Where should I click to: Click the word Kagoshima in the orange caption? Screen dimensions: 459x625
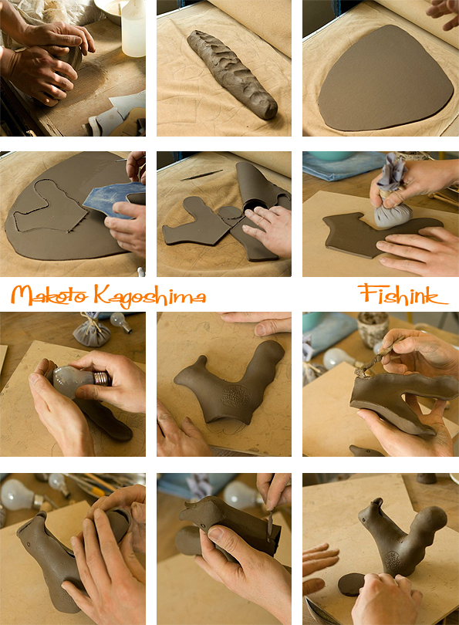pyautogui.click(x=150, y=296)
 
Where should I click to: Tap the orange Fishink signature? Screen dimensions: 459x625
pyautogui.click(x=403, y=294)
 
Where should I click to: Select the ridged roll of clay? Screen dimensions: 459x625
pyautogui.click(x=232, y=74)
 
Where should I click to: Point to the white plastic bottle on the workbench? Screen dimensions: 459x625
pyautogui.click(x=133, y=29)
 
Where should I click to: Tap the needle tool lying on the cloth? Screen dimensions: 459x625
pyautogui.click(x=201, y=175)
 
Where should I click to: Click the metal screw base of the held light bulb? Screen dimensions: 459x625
pyautogui.click(x=102, y=378)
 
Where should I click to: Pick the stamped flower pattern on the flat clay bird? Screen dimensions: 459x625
pyautogui.click(x=236, y=396)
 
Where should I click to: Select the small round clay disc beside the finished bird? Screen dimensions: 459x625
pyautogui.click(x=351, y=584)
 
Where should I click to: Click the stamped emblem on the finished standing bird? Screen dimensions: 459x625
pyautogui.click(x=393, y=561)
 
